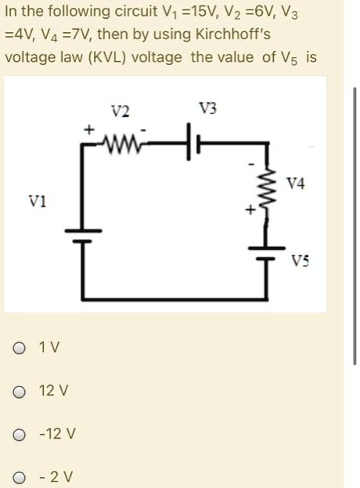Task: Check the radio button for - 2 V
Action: click(18, 475)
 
